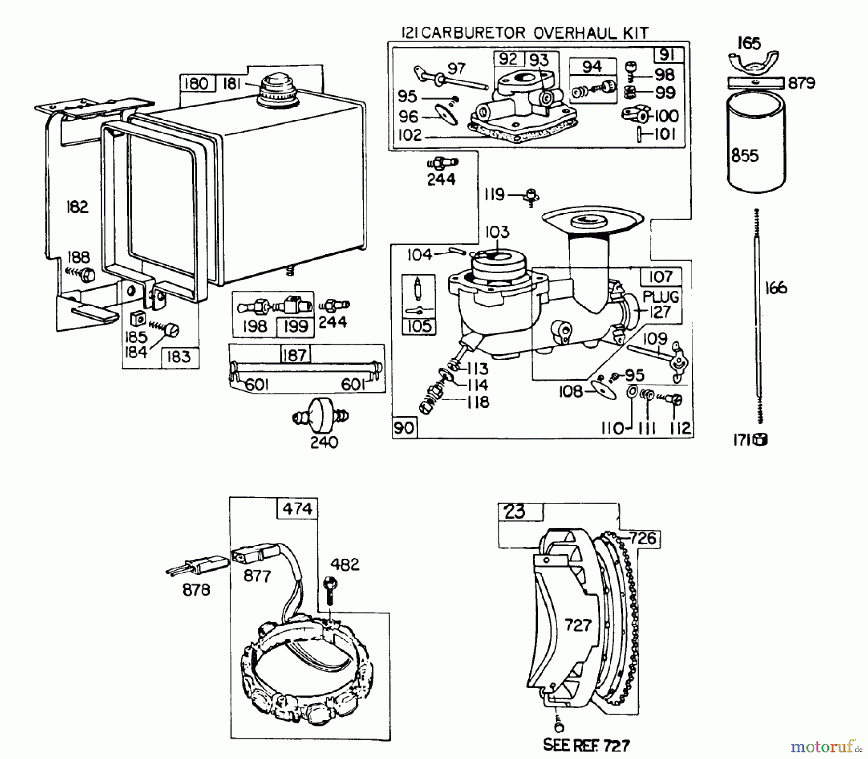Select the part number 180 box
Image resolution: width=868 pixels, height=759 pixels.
pos(196,84)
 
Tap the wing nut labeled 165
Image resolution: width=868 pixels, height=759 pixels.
pos(752,64)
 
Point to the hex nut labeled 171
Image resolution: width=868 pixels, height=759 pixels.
pos(762,439)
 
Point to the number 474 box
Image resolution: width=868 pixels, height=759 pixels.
pos(297,508)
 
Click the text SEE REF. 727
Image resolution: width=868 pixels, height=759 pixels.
pos(586,745)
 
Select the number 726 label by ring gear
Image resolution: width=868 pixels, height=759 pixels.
pos(643,538)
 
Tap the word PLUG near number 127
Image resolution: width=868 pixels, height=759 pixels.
pos(661,296)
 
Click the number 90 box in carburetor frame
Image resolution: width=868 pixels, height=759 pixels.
pos(404,427)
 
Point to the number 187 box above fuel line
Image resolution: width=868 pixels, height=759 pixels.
pos(295,355)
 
